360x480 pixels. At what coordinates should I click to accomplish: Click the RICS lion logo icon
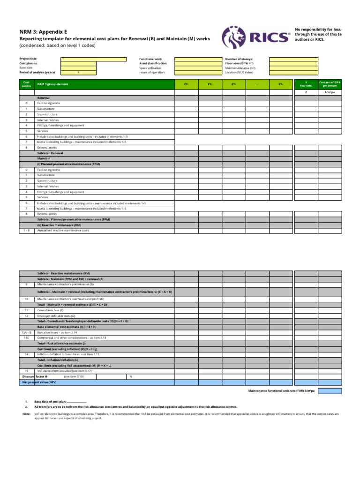(x=233, y=37)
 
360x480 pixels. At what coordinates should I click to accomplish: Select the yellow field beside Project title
(x=93, y=59)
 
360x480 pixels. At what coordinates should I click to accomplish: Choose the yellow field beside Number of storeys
(x=293, y=59)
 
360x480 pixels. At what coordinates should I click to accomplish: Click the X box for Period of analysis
(x=78, y=73)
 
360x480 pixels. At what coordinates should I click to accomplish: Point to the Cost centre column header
(x=26, y=84)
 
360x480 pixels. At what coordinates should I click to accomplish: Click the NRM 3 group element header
(x=52, y=84)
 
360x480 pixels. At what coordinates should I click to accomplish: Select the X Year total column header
(x=306, y=84)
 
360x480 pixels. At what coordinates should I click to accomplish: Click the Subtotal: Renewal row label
(x=50, y=153)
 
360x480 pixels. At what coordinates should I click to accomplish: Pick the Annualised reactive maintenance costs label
(x=63, y=231)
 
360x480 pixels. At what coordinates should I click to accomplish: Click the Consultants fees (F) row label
(x=50, y=310)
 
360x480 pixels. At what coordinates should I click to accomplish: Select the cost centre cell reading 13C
(x=26, y=337)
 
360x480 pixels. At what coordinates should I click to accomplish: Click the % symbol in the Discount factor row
(x=131, y=376)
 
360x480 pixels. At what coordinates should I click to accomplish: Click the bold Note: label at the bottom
(x=26, y=414)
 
